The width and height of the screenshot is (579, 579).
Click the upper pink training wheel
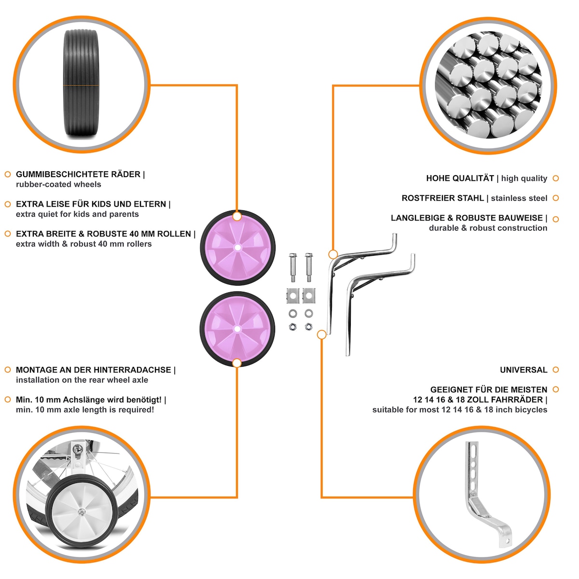pos(237,248)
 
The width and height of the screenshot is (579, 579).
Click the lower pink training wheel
pos(237,329)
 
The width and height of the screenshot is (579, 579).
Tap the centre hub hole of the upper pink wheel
pos(237,248)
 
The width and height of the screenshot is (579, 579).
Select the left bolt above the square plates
pos(293,267)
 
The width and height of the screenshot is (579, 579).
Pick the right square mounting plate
pos(309,296)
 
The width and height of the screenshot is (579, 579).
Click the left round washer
pos(293,314)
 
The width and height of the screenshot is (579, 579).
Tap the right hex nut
pos(308,327)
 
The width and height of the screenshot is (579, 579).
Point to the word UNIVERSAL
pos(524,370)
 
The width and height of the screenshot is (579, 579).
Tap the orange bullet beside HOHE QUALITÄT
pos(555,178)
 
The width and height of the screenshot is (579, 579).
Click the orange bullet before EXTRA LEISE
pos(8,204)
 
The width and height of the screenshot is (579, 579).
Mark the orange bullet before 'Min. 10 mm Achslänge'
pos(8,400)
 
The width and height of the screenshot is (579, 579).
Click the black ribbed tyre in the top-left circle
pos(81,84)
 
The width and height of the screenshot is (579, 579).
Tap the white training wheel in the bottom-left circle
pos(81,511)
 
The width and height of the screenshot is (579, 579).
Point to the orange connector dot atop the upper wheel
pos(237,216)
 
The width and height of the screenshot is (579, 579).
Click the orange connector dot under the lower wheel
pos(237,363)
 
